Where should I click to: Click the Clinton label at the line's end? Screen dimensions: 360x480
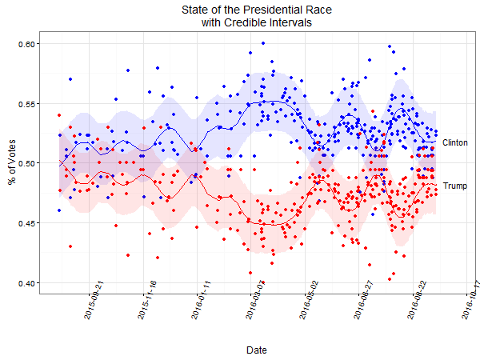coord(455,142)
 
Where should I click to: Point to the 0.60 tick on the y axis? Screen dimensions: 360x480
coord(28,43)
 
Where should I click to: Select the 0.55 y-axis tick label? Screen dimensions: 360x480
coord(28,103)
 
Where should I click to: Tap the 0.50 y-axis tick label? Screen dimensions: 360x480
coord(28,163)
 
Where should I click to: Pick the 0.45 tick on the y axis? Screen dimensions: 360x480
coord(28,223)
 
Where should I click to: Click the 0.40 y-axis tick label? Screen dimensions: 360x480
coord(28,283)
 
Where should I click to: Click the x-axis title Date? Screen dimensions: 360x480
coord(257,350)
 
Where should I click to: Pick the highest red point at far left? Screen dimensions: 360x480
coord(59,115)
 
